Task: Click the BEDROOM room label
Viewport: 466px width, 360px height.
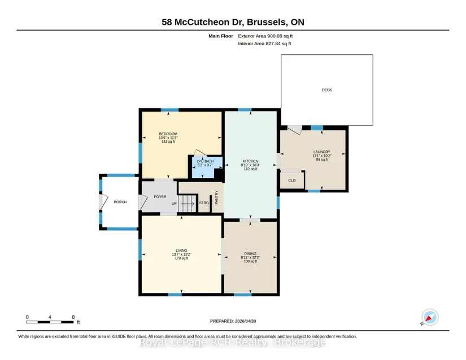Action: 168,134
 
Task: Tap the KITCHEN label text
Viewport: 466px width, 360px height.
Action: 251,161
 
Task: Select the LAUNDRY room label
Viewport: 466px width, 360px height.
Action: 322,152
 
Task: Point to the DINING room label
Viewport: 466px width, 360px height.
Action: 250,254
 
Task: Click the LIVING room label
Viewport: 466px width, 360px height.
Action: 181,251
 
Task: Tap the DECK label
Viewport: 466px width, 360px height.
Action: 327,90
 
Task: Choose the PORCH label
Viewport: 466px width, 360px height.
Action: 120,202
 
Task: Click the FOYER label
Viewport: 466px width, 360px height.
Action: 160,196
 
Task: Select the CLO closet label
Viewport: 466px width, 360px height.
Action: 292,181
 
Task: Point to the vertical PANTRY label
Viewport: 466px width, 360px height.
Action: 217,197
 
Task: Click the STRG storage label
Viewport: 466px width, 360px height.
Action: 204,203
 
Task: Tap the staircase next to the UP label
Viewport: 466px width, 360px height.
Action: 188,203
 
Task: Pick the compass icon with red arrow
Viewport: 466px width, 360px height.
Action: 430,317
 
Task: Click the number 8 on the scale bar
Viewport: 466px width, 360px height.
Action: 73,317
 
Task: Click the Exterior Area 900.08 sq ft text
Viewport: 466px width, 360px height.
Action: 265,36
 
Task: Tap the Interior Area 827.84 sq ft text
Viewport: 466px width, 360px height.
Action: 264,43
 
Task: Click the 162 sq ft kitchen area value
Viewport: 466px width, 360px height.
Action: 251,169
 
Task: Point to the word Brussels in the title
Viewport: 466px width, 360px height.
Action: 267,22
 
